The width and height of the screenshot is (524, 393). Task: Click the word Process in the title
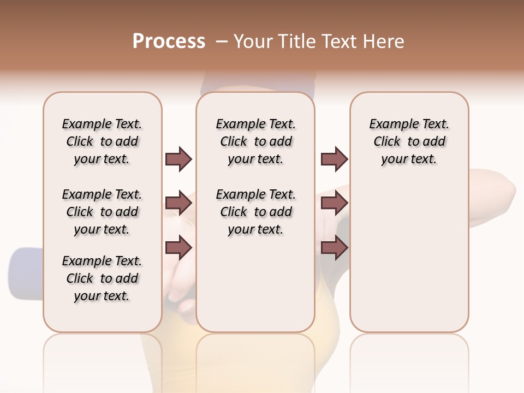(x=169, y=41)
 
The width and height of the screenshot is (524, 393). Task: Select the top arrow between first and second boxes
(x=178, y=159)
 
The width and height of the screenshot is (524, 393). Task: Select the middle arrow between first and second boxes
(x=178, y=204)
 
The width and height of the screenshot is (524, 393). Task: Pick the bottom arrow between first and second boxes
(x=178, y=248)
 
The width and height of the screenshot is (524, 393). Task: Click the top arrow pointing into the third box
(x=334, y=159)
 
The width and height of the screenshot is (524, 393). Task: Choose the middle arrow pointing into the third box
(x=334, y=204)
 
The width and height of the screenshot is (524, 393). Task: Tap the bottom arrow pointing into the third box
(x=334, y=248)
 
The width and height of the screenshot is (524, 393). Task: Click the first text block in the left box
(x=102, y=141)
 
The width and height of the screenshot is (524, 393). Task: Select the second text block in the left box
(x=102, y=212)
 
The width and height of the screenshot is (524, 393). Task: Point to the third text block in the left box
(x=102, y=278)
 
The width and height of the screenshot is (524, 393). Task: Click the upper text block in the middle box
(x=255, y=141)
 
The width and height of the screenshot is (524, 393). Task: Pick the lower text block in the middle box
(x=255, y=212)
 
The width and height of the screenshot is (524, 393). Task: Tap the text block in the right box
(x=409, y=141)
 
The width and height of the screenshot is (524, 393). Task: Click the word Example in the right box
(x=390, y=124)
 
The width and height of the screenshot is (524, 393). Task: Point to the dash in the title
(x=222, y=41)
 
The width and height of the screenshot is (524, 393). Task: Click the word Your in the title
(x=253, y=41)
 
